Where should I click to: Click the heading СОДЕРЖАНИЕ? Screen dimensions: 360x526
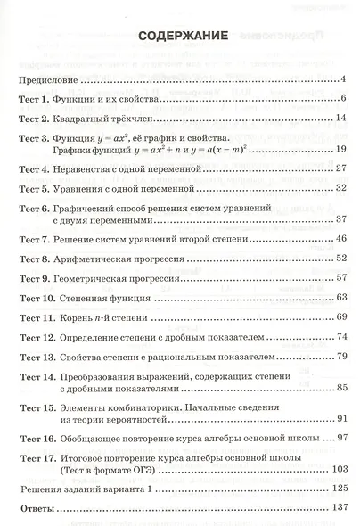tap(182, 37)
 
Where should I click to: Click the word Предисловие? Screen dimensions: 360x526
tap(45, 78)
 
